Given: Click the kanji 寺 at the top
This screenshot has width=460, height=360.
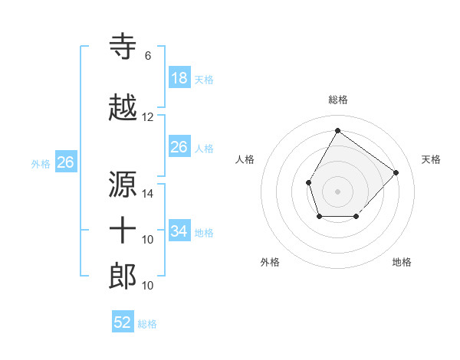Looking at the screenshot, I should tap(123, 47).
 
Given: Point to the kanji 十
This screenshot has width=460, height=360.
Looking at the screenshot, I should tap(123, 231).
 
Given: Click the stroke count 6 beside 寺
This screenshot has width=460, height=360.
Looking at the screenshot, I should tap(148, 56).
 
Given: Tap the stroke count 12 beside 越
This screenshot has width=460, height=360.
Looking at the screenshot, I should tap(148, 117).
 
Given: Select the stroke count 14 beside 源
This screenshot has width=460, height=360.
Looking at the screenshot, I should tap(148, 194).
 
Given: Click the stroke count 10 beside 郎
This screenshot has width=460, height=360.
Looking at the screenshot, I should tap(148, 286).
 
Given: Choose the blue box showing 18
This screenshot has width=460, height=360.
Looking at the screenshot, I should tap(179, 78).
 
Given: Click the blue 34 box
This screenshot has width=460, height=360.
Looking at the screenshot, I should tap(179, 231).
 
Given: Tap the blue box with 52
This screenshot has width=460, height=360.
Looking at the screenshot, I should tap(123, 322).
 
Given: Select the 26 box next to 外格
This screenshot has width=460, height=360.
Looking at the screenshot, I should tap(65, 162).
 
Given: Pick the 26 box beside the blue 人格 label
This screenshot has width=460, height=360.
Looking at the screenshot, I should tap(179, 147).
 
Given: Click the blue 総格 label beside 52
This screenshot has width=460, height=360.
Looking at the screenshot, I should tap(147, 324).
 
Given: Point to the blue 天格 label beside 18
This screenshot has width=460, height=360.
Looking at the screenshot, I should tap(204, 80).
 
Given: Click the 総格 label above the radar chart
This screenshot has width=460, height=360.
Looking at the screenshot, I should tap(337, 100).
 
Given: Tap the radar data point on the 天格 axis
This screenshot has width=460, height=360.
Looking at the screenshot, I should tap(396, 172).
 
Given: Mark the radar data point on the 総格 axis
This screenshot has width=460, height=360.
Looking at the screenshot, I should tap(337, 130).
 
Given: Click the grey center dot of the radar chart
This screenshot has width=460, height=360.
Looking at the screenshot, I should tap(337, 191).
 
